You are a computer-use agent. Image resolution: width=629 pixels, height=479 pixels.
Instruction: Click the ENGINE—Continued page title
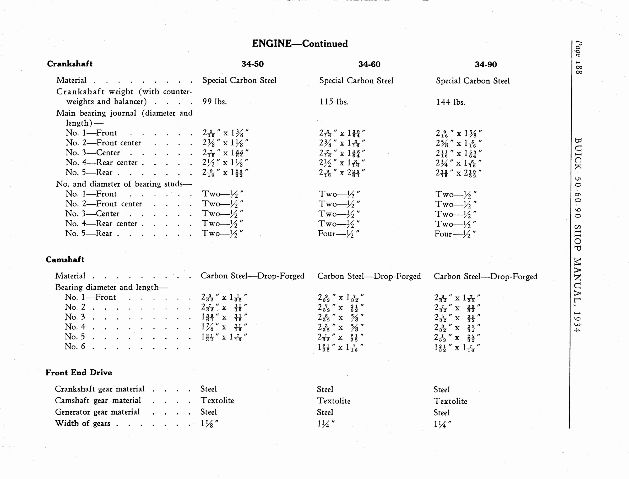[x=300, y=44]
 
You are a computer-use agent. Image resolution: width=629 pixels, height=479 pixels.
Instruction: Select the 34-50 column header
[x=252, y=64]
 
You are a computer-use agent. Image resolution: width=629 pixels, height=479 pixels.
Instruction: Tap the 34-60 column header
[x=369, y=64]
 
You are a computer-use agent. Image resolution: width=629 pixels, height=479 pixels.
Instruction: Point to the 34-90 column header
[x=486, y=65]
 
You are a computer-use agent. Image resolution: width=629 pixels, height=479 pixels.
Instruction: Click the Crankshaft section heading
[x=70, y=64]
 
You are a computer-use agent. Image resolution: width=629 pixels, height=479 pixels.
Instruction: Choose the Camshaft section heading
[x=65, y=259]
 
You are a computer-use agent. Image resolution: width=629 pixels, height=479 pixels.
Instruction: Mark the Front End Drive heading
[x=79, y=373]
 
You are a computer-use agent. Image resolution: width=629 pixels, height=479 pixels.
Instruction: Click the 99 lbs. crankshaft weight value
[x=214, y=102]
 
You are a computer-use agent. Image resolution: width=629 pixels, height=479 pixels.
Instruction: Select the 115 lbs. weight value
[x=334, y=102]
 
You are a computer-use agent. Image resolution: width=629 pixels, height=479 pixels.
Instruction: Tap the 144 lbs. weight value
[x=451, y=102]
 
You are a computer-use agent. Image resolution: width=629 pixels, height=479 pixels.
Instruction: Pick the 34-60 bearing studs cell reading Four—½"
[x=339, y=234]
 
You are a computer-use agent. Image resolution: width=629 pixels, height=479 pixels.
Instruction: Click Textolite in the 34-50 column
[x=217, y=400]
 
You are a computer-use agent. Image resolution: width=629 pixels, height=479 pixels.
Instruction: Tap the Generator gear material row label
[x=97, y=412]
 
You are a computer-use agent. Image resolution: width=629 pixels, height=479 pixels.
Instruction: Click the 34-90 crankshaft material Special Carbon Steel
[x=473, y=81]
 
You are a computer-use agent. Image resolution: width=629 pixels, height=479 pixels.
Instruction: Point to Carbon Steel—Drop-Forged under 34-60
[x=369, y=276]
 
